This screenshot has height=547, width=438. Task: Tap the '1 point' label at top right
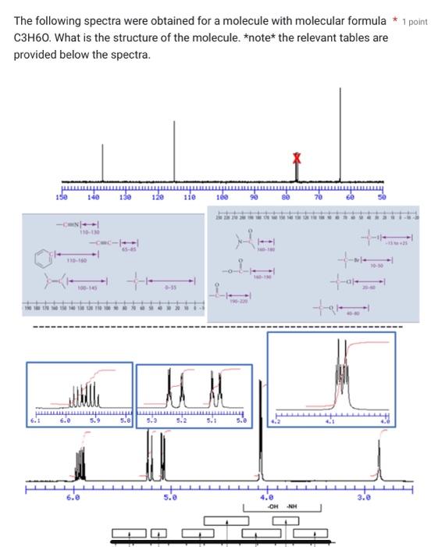(415, 21)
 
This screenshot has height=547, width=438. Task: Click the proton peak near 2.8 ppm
(379, 461)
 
